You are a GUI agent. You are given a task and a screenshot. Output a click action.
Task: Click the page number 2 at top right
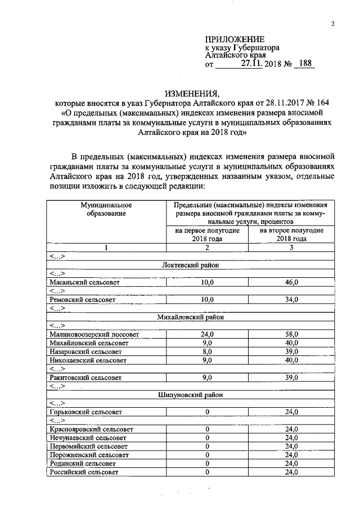coord(333,24)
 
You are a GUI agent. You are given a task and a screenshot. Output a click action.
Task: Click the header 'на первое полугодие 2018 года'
coord(207,235)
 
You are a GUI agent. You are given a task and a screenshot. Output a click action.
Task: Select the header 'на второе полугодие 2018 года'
coord(291,235)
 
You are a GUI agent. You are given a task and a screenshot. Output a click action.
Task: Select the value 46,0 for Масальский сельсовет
coord(291,282)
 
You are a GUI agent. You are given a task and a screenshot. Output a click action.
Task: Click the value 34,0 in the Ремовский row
coord(291,300)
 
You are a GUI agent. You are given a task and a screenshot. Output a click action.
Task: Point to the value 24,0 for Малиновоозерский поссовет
coord(207,334)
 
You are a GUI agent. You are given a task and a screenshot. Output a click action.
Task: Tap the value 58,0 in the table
coord(291,334)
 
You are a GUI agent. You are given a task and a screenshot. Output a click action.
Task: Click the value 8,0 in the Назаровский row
coord(207,351)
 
